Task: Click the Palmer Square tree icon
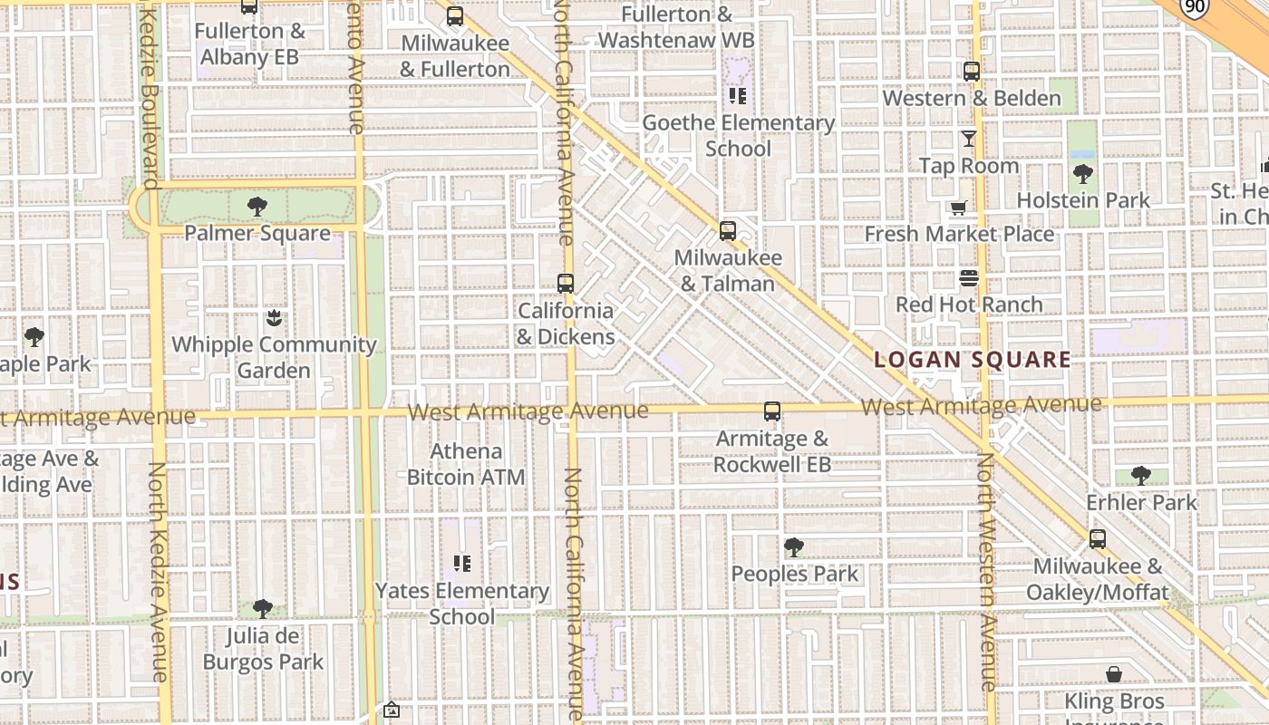[257, 206]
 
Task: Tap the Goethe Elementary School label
[738, 135]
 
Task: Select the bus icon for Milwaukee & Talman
[727, 230]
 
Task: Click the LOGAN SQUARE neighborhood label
[972, 359]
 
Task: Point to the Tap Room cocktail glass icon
[969, 139]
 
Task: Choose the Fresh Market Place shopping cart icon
[959, 208]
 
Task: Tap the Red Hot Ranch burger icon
[969, 277]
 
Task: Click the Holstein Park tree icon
[1082, 173]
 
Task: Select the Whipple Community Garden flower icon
[274, 317]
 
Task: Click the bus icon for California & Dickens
[566, 283]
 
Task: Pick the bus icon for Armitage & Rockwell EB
[771, 411]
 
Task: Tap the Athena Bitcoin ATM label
[466, 463]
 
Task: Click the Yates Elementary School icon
[462, 564]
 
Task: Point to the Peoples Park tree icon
[794, 546]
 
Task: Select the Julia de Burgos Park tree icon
[263, 608]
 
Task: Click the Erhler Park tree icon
[1141, 475]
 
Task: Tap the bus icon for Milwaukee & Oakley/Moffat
[1098, 539]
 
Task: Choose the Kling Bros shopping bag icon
[1114, 674]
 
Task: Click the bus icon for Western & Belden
[972, 71]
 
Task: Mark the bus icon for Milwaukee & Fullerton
[455, 15]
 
